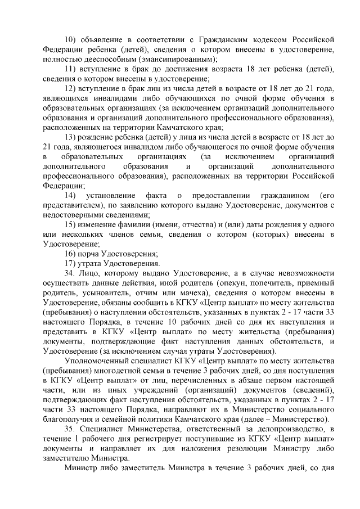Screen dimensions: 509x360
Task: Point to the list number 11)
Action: coord(71,69)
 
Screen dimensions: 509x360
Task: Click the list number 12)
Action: coord(71,89)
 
